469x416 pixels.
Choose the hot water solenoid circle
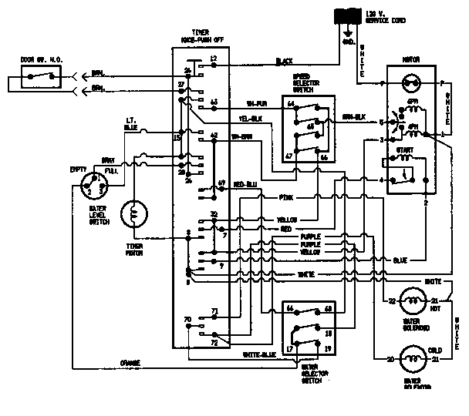click(412, 300)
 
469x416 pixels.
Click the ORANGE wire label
click(130, 362)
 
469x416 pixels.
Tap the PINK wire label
click(287, 198)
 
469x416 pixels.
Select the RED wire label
click(285, 230)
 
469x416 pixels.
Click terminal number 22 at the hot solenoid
click(391, 300)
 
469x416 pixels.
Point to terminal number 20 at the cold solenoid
click(390, 359)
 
